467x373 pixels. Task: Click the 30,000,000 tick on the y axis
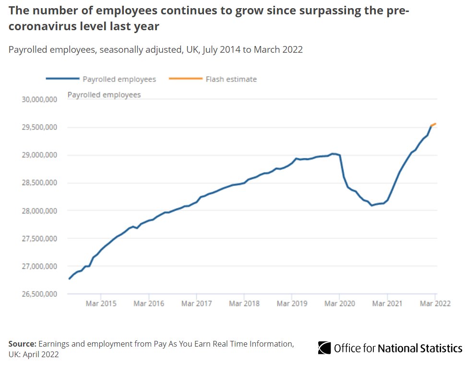point(38,100)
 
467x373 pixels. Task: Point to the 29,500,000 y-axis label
point(38,128)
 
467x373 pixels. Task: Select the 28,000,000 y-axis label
point(38,211)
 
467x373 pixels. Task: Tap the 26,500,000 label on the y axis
point(38,294)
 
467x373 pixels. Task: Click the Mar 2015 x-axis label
point(101,303)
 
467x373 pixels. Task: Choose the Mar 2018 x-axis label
point(244,303)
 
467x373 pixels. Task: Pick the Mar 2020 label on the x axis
point(339,303)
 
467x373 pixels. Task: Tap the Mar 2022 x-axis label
point(435,303)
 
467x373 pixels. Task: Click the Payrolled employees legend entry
point(119,79)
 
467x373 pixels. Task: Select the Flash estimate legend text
point(231,79)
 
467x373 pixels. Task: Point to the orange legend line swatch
point(185,79)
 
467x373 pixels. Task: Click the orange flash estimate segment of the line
point(433,125)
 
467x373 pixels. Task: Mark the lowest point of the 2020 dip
point(371,205)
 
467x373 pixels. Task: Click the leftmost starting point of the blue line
point(70,279)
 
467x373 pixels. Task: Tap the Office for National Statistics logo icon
point(324,348)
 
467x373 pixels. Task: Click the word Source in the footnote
point(22,344)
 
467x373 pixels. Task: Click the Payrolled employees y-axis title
point(104,95)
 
